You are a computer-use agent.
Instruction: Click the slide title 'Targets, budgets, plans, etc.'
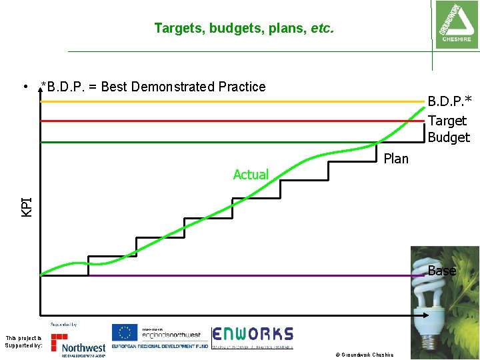[243, 28]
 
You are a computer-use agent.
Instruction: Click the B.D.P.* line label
[449, 101]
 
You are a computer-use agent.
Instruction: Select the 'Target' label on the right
[447, 121]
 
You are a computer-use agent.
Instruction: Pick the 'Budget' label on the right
[449, 137]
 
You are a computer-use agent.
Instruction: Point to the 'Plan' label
[396, 159]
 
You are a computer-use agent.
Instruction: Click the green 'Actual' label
[251, 175]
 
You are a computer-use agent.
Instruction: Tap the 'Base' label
[442, 271]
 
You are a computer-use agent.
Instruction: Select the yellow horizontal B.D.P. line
[200, 101]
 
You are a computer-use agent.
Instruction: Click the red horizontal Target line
[200, 121]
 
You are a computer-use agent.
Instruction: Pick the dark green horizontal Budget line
[200, 142]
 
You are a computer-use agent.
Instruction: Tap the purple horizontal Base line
[233, 275]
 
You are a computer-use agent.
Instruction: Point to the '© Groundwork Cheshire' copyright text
[365, 355]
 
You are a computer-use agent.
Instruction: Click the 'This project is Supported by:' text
[24, 342]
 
